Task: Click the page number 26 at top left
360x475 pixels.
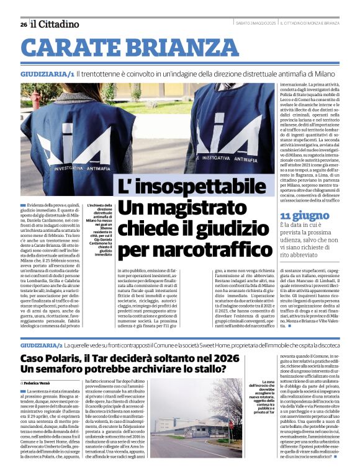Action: pyautogui.click(x=23, y=24)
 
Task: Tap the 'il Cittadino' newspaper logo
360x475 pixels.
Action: pyautogui.click(x=55, y=24)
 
